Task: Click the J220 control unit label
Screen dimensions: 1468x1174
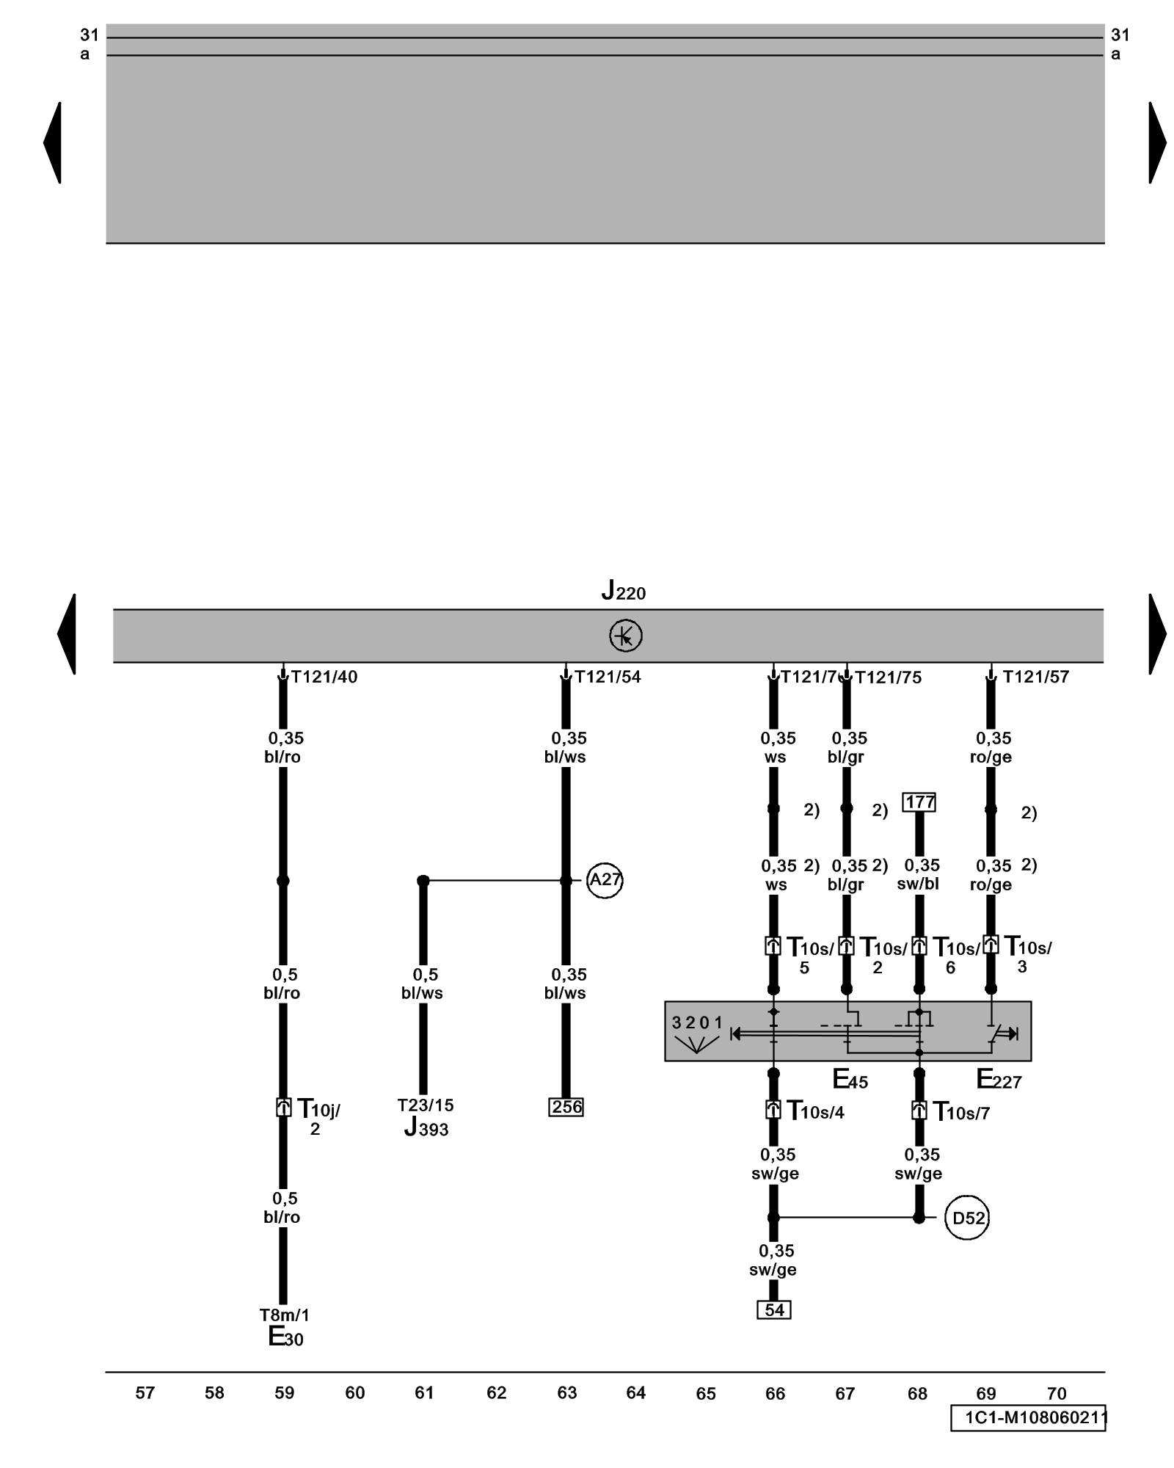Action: (623, 591)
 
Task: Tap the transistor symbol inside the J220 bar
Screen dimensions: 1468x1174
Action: (625, 636)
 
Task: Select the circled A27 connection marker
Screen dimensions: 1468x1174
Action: (605, 879)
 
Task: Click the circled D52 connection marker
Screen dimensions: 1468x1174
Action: (967, 1218)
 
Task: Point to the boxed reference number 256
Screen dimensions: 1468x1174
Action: (566, 1107)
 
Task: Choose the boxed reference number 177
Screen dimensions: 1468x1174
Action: (919, 802)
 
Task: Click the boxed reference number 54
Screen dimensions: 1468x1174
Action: (774, 1310)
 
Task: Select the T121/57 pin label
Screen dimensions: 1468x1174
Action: (1035, 677)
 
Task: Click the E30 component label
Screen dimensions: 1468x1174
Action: (285, 1337)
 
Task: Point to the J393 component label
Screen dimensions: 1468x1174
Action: (426, 1127)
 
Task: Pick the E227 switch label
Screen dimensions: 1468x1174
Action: (999, 1080)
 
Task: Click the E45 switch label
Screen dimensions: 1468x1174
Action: (850, 1080)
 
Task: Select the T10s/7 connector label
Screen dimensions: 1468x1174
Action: (960, 1112)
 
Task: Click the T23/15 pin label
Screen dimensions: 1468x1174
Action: (426, 1105)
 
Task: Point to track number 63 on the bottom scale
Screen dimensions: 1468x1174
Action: (566, 1393)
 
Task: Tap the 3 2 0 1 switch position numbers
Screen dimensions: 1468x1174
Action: (697, 1022)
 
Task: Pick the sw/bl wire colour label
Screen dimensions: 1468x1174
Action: (918, 884)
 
